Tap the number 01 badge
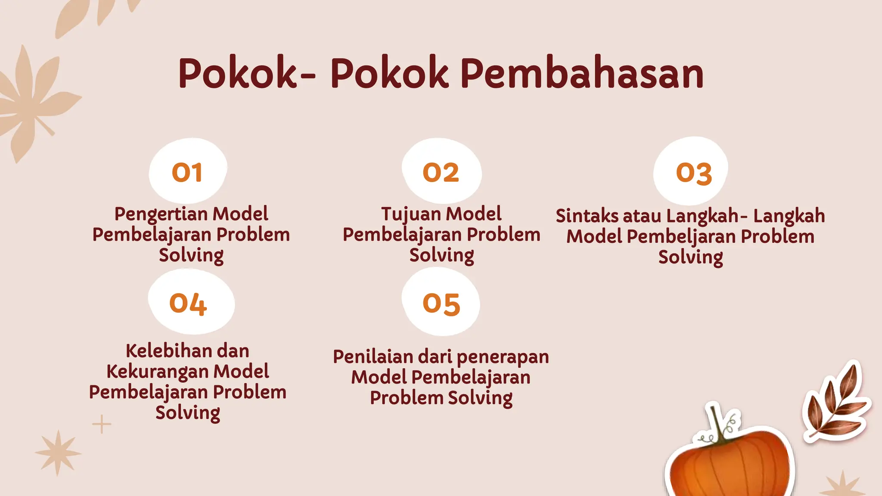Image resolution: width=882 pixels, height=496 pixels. [x=187, y=172]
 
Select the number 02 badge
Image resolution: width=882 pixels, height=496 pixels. [x=441, y=172]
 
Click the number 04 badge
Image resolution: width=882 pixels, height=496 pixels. [x=188, y=304]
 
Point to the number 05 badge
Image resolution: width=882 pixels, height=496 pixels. [x=441, y=304]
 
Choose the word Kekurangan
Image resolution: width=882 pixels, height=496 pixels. [x=157, y=372]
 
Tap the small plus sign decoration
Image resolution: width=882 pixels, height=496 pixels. [x=102, y=424]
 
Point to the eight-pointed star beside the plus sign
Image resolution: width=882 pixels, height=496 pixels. [x=58, y=453]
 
